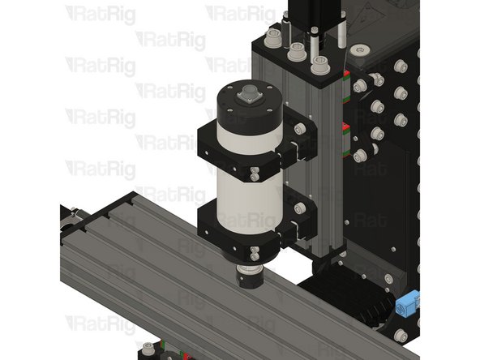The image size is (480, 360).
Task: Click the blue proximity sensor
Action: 409,306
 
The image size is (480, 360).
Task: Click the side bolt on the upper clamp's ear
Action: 299,129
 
